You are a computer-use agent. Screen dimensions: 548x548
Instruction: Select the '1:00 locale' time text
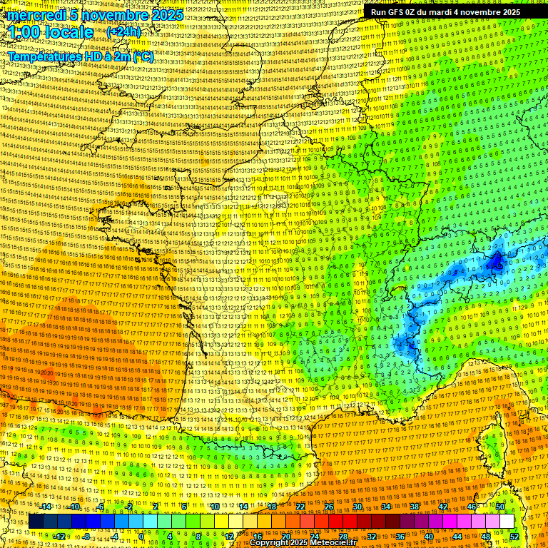51,32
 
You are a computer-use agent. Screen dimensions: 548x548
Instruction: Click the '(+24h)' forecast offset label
123,32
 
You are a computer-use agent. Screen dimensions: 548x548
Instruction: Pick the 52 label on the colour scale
514,536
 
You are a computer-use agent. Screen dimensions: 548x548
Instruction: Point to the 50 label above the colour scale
500,507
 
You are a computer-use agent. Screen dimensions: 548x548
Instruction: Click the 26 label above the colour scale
329,507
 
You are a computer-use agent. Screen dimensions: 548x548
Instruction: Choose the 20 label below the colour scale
286,536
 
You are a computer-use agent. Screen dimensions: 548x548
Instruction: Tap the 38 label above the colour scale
415,507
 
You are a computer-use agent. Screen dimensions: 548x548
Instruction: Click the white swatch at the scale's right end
507,522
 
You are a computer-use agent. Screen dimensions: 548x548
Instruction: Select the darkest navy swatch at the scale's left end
36,522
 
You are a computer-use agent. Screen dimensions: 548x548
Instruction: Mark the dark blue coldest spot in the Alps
495,263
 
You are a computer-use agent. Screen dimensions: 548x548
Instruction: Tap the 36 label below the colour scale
400,536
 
